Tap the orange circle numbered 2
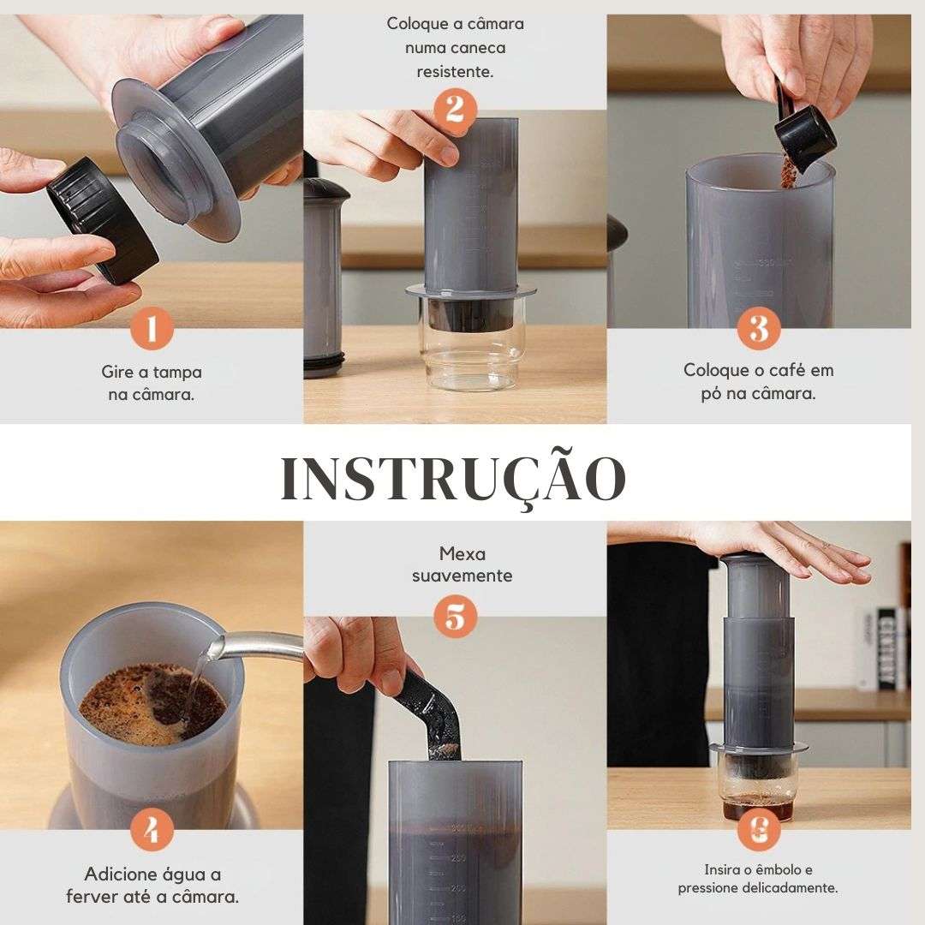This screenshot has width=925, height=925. pyautogui.click(x=455, y=110)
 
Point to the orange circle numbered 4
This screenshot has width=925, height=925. pyautogui.click(x=152, y=831)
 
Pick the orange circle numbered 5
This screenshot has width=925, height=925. pyautogui.click(x=455, y=617)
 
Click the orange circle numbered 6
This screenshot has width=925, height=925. pyautogui.click(x=759, y=829)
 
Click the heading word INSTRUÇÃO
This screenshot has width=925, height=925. pyautogui.click(x=454, y=478)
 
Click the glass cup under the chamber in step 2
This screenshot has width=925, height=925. pyautogui.click(x=469, y=351)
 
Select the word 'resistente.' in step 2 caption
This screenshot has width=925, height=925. pyautogui.click(x=455, y=72)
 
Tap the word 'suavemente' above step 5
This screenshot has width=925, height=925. pyautogui.click(x=462, y=576)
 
